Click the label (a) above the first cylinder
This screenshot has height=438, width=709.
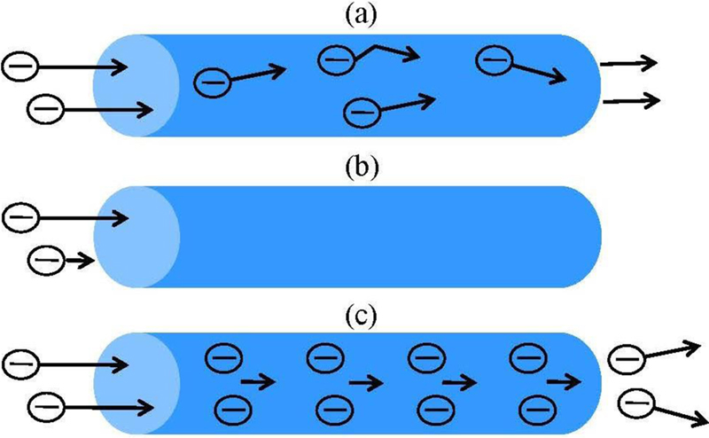(x=354, y=15)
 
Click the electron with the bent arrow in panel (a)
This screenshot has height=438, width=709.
(x=335, y=59)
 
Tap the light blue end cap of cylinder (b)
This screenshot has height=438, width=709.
(x=133, y=237)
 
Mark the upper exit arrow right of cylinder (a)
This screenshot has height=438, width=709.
(x=628, y=63)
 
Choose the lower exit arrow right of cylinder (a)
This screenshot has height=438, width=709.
(x=631, y=100)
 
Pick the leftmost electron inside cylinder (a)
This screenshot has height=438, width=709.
(x=212, y=82)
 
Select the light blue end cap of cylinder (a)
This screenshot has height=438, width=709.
(x=133, y=85)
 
